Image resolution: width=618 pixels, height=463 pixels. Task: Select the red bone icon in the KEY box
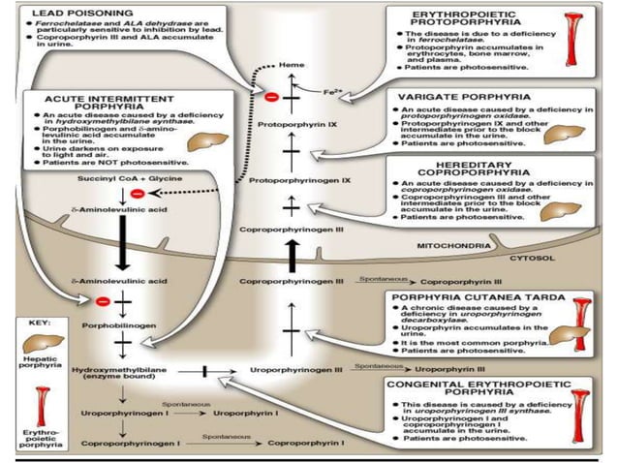[43, 405]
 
